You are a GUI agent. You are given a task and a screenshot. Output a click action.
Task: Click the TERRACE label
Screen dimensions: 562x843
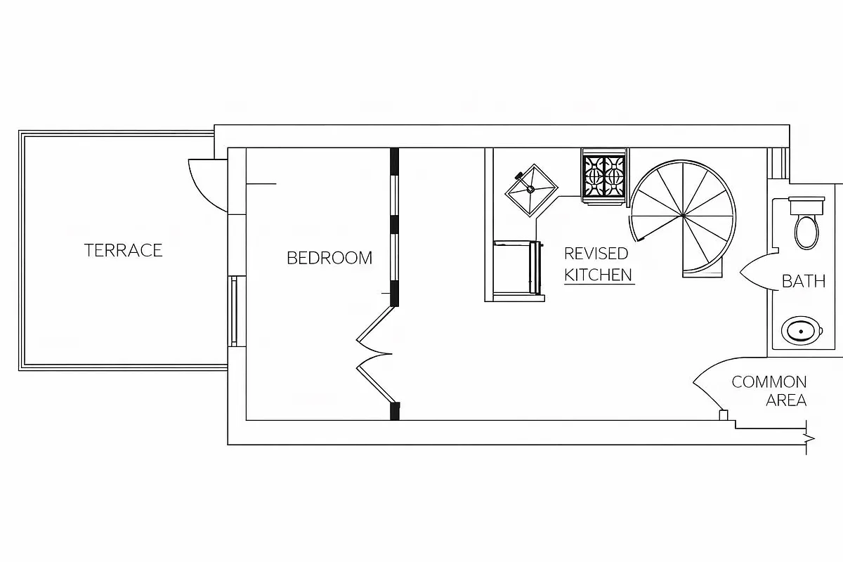[x=123, y=250]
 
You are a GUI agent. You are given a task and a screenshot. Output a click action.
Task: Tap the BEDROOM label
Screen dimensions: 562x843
[x=329, y=258]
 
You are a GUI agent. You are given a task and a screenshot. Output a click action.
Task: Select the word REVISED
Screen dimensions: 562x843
[x=596, y=254]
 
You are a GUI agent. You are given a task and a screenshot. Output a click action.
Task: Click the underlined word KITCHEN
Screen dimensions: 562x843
[x=599, y=275]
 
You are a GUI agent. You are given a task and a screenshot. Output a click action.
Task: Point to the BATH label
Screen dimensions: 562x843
[x=804, y=282]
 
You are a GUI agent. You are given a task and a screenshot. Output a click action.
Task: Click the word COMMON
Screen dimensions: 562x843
[x=769, y=382]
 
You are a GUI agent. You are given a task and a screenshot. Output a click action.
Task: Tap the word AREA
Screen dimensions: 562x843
[x=785, y=400]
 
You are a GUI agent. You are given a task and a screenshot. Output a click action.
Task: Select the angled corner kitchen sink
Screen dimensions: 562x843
[x=531, y=189]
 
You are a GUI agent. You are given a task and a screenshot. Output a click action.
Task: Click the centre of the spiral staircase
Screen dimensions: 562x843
[x=682, y=215]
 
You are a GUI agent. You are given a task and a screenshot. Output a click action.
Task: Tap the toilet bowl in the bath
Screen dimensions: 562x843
[x=806, y=231]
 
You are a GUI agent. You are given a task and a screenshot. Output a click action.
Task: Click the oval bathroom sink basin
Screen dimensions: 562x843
[x=802, y=330]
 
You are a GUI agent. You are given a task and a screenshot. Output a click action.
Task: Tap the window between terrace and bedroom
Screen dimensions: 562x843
[x=233, y=310]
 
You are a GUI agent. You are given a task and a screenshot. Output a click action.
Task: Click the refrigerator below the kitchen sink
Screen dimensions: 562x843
[x=517, y=268]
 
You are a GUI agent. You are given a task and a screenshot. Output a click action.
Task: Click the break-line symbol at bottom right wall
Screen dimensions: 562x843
[x=809, y=439]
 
